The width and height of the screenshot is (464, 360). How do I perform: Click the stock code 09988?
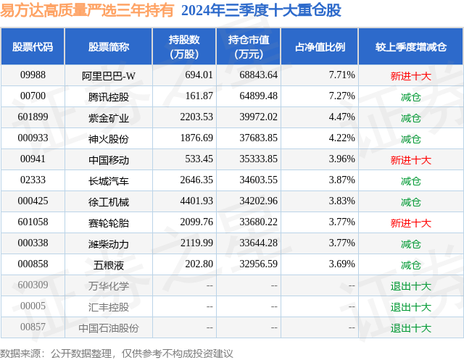pyautogui.click(x=33, y=75)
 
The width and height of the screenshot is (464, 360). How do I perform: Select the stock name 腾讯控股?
pyautogui.click(x=109, y=96)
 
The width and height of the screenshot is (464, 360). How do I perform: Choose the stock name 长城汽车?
pyautogui.click(x=109, y=180)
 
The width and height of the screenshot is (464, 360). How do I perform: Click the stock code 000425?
pyautogui.click(x=33, y=201)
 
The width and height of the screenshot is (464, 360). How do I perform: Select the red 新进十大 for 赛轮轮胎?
pyautogui.click(x=410, y=223)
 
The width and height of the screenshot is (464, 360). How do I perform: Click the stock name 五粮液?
pyautogui.click(x=109, y=264)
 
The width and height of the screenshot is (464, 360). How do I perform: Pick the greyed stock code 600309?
pyautogui.click(x=33, y=285)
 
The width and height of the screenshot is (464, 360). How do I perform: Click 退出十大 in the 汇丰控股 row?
pyautogui.click(x=410, y=306)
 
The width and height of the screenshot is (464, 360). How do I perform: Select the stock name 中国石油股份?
pyautogui.click(x=109, y=327)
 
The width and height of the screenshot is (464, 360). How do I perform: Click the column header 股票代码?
pyautogui.click(x=33, y=47)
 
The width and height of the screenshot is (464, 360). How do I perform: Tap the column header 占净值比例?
pyautogui.click(x=320, y=47)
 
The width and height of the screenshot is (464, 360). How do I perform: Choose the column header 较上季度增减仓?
pyautogui.click(x=410, y=47)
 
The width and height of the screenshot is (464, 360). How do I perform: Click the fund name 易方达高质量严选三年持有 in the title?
pyautogui.click(x=87, y=10)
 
